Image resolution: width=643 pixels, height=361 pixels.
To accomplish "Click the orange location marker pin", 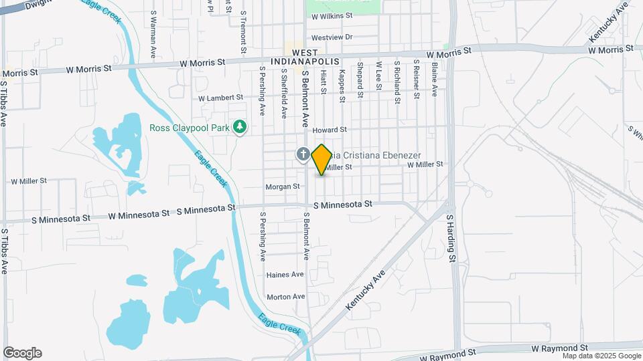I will coord(321,159).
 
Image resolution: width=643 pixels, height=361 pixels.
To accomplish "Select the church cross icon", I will coord(303,155).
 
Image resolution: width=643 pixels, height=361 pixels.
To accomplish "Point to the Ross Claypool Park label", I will coord(188,127).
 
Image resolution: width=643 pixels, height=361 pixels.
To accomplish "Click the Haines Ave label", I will coord(285,275).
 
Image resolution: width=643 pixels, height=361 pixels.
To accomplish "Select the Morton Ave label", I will coord(285,297).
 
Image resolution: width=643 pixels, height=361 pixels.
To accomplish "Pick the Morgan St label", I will coord(282,187).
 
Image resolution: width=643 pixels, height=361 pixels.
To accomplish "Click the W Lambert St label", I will coord(221,98).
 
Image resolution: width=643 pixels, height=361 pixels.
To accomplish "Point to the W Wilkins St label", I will coord(332,15).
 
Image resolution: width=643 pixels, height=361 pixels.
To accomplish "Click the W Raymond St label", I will coord(559,349).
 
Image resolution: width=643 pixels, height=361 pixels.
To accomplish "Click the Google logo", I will coord(22,353).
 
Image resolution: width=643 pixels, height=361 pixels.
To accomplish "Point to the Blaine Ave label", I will coord(435,78).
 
